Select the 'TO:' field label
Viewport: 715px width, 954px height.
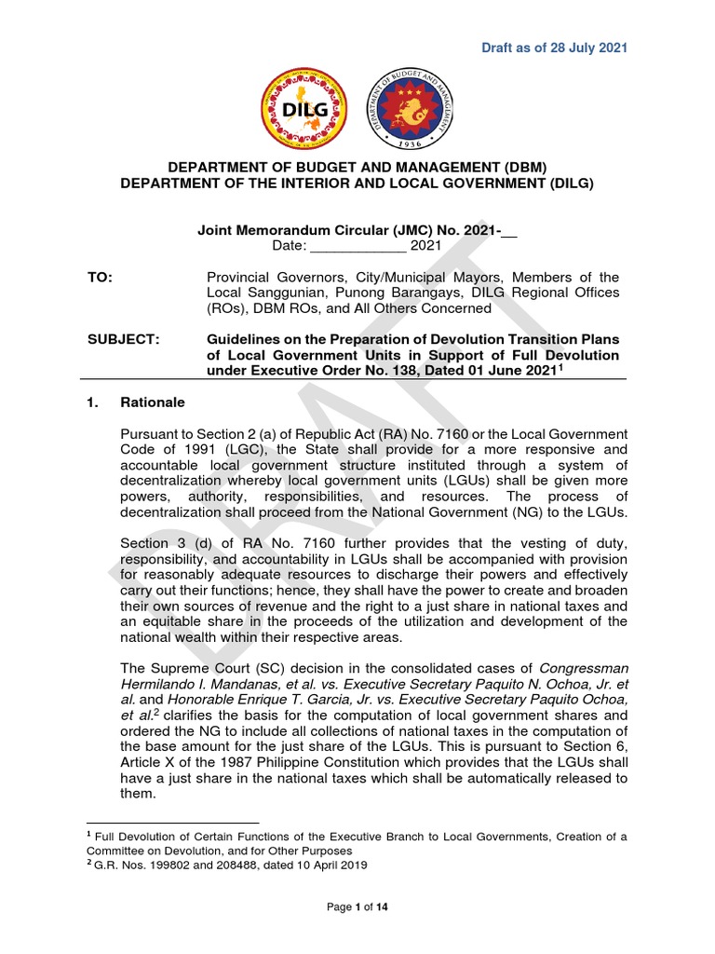[x=99, y=278]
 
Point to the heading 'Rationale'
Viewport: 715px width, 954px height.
[x=153, y=402]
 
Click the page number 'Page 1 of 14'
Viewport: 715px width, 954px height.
[x=357, y=908]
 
